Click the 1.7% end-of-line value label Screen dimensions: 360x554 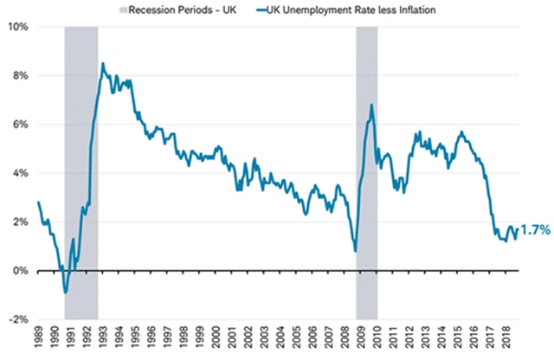[x=536, y=230]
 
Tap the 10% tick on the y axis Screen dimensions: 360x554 [x=18, y=27]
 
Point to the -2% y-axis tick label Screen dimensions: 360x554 [x=18, y=319]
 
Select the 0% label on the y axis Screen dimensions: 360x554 [x=21, y=271]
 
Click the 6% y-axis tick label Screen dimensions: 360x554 [x=21, y=125]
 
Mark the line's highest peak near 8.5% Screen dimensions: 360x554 [x=103, y=63]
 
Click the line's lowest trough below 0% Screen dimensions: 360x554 [x=65, y=292]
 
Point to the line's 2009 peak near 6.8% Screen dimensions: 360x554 [x=371, y=106]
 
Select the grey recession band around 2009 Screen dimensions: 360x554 [x=367, y=173]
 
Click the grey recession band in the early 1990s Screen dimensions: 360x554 [x=81, y=173]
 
